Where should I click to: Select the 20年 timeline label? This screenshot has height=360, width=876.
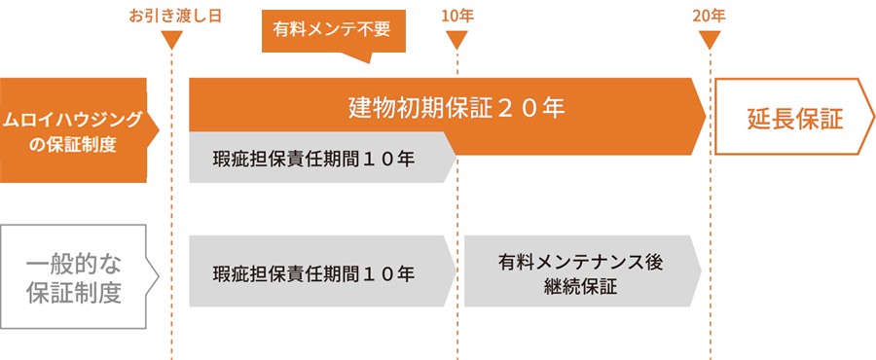point(710,17)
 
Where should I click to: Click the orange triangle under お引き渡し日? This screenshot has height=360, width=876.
point(171,41)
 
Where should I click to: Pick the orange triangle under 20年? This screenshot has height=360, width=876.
point(711,41)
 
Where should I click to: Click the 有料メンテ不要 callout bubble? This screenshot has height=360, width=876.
point(332,29)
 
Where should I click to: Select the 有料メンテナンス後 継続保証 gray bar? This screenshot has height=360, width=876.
point(580,273)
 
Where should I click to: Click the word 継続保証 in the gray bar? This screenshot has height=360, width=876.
point(580,287)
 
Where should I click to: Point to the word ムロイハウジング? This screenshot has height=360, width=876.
point(73,120)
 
